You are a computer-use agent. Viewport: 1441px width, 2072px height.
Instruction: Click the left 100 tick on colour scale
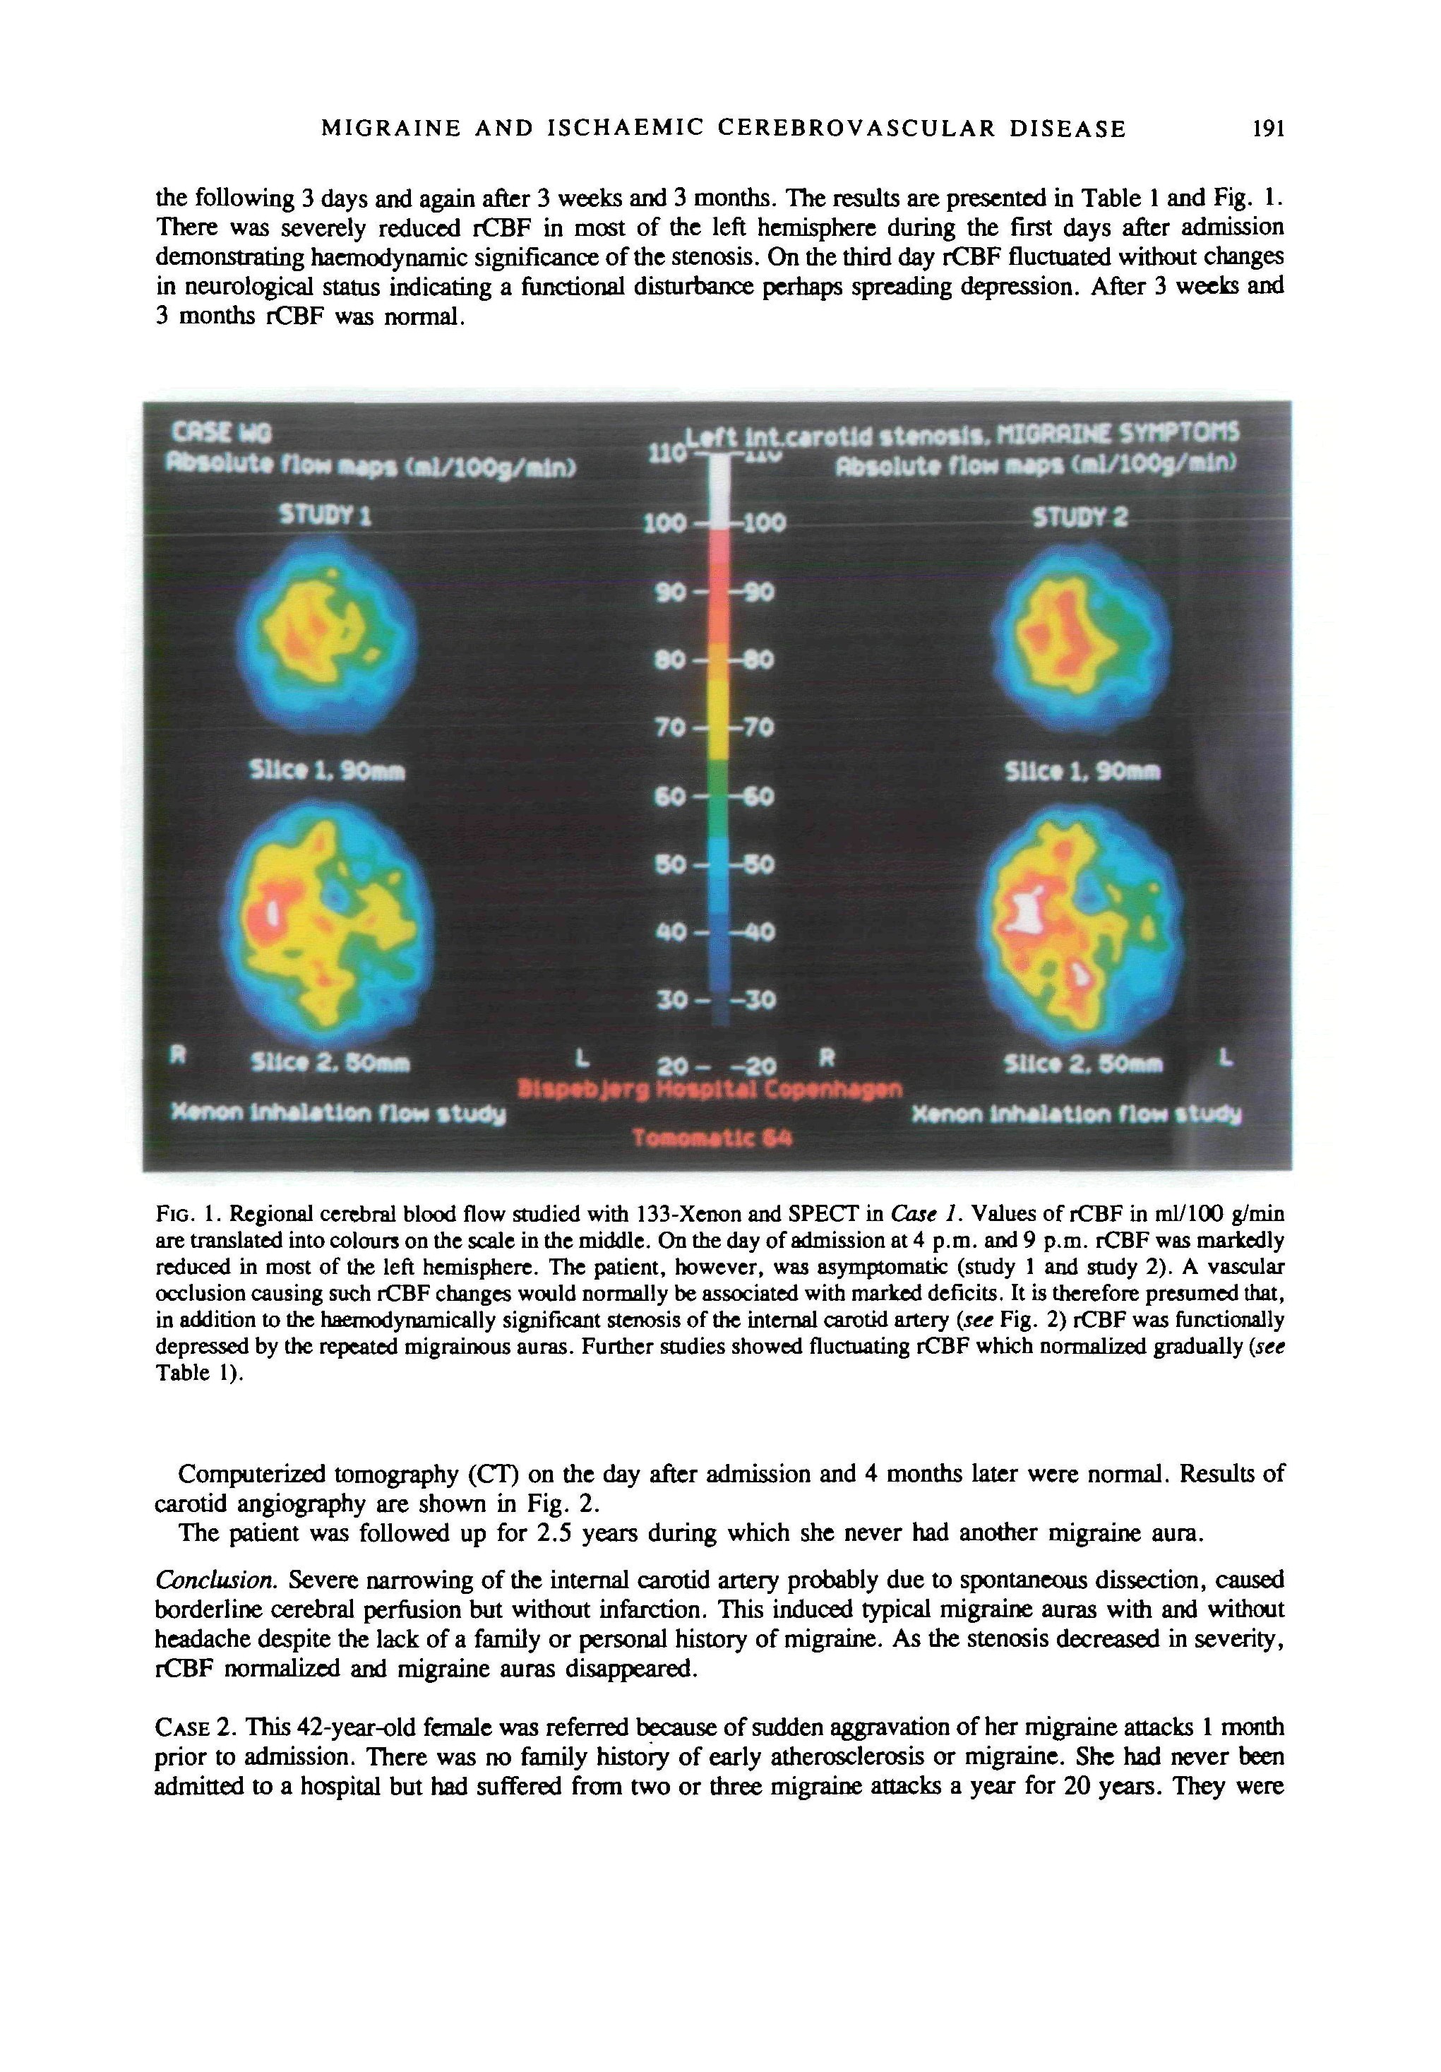coord(666,523)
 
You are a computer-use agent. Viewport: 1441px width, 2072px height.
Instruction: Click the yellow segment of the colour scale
coord(719,718)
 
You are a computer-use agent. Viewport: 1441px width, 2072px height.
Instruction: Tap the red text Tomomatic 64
coord(713,1139)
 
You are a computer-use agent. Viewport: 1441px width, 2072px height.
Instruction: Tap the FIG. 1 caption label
coord(189,1212)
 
